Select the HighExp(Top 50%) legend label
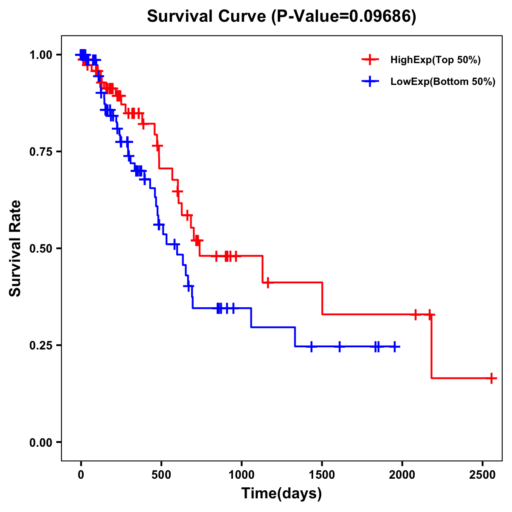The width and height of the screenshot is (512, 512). (x=435, y=60)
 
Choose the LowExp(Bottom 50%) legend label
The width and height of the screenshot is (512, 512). (x=443, y=82)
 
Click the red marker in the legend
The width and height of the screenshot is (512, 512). (x=370, y=60)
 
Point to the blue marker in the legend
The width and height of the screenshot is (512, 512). (x=370, y=81)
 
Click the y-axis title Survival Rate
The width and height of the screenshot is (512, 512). (x=15, y=248)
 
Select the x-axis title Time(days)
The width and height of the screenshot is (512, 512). (x=282, y=494)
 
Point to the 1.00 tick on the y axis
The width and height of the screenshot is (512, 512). (x=41, y=55)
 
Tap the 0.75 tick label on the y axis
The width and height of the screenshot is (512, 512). (x=41, y=151)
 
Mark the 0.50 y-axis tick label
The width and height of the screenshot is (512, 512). (x=41, y=248)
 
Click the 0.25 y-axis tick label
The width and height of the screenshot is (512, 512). (x=41, y=345)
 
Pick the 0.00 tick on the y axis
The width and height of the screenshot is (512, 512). (x=41, y=442)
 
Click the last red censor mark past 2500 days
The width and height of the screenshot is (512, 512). (x=492, y=378)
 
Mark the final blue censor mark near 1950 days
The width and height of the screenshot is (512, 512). (x=395, y=346)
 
